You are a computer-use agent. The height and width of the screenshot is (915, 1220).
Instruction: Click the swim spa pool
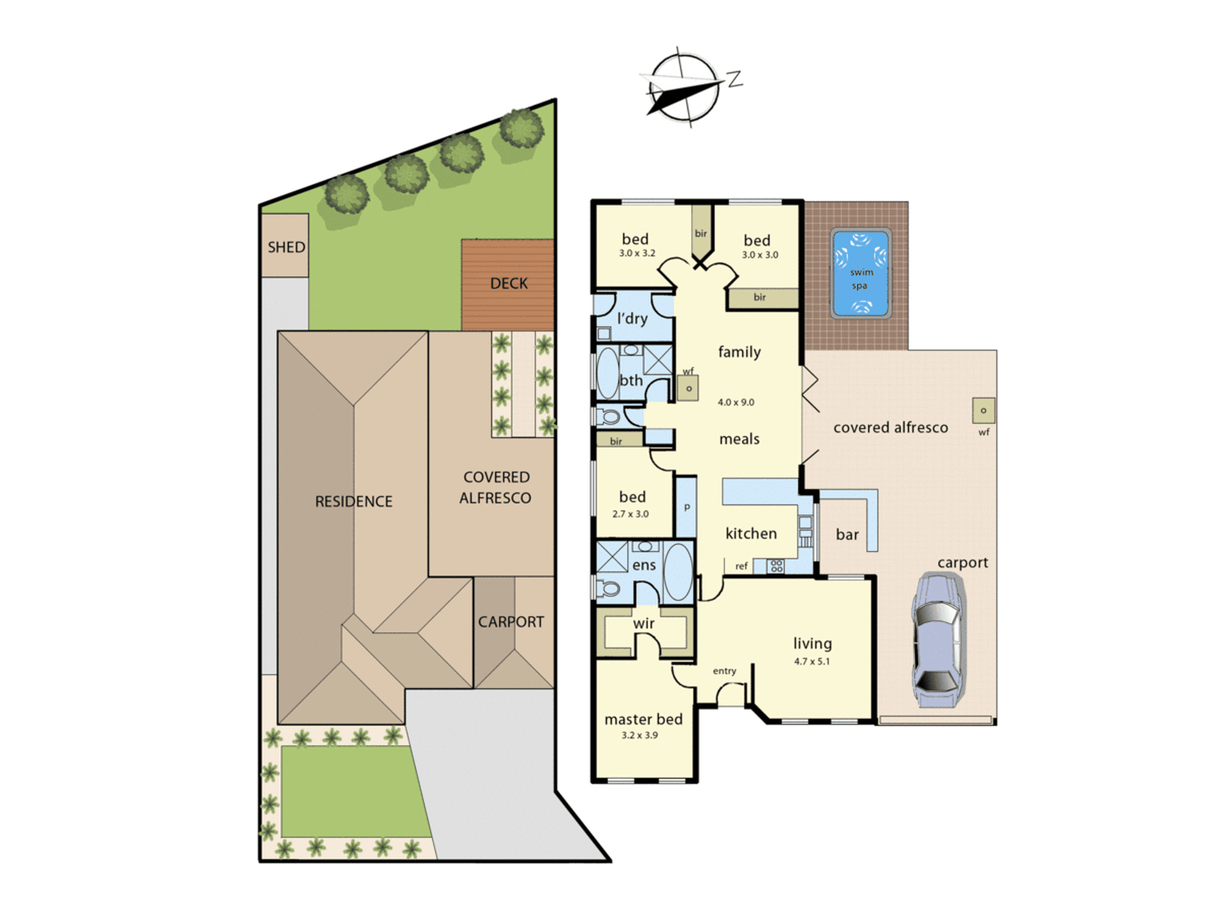(x=860, y=273)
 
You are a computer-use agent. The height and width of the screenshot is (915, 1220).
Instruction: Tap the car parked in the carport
(x=938, y=640)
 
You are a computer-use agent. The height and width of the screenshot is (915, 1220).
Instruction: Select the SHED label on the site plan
(x=286, y=247)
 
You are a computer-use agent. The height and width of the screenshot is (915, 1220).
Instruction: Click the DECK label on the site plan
(x=509, y=284)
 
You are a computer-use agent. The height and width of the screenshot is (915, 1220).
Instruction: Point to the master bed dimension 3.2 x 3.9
(x=639, y=735)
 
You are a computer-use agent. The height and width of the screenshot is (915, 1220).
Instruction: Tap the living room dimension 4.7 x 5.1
(x=812, y=661)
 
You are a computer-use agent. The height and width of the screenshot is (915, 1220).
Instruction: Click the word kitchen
(x=751, y=534)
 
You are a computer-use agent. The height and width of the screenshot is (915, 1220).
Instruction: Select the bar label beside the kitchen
(x=847, y=535)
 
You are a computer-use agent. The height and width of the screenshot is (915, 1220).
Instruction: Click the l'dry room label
(x=633, y=318)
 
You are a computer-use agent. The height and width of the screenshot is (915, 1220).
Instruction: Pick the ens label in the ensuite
(x=644, y=566)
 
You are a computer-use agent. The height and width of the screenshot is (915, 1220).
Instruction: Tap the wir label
(x=644, y=623)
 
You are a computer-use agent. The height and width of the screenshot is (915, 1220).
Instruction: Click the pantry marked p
(x=687, y=507)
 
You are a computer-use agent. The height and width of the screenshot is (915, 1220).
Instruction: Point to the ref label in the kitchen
(x=741, y=566)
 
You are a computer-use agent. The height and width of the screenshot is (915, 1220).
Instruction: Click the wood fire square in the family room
(x=688, y=388)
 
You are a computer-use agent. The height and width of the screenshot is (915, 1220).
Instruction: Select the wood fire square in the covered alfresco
(x=983, y=411)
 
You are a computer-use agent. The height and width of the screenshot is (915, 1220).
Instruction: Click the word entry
(x=725, y=671)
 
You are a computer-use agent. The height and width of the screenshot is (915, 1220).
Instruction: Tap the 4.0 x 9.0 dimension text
(x=736, y=403)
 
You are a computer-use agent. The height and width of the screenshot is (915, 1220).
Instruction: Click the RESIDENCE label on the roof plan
(x=354, y=501)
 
